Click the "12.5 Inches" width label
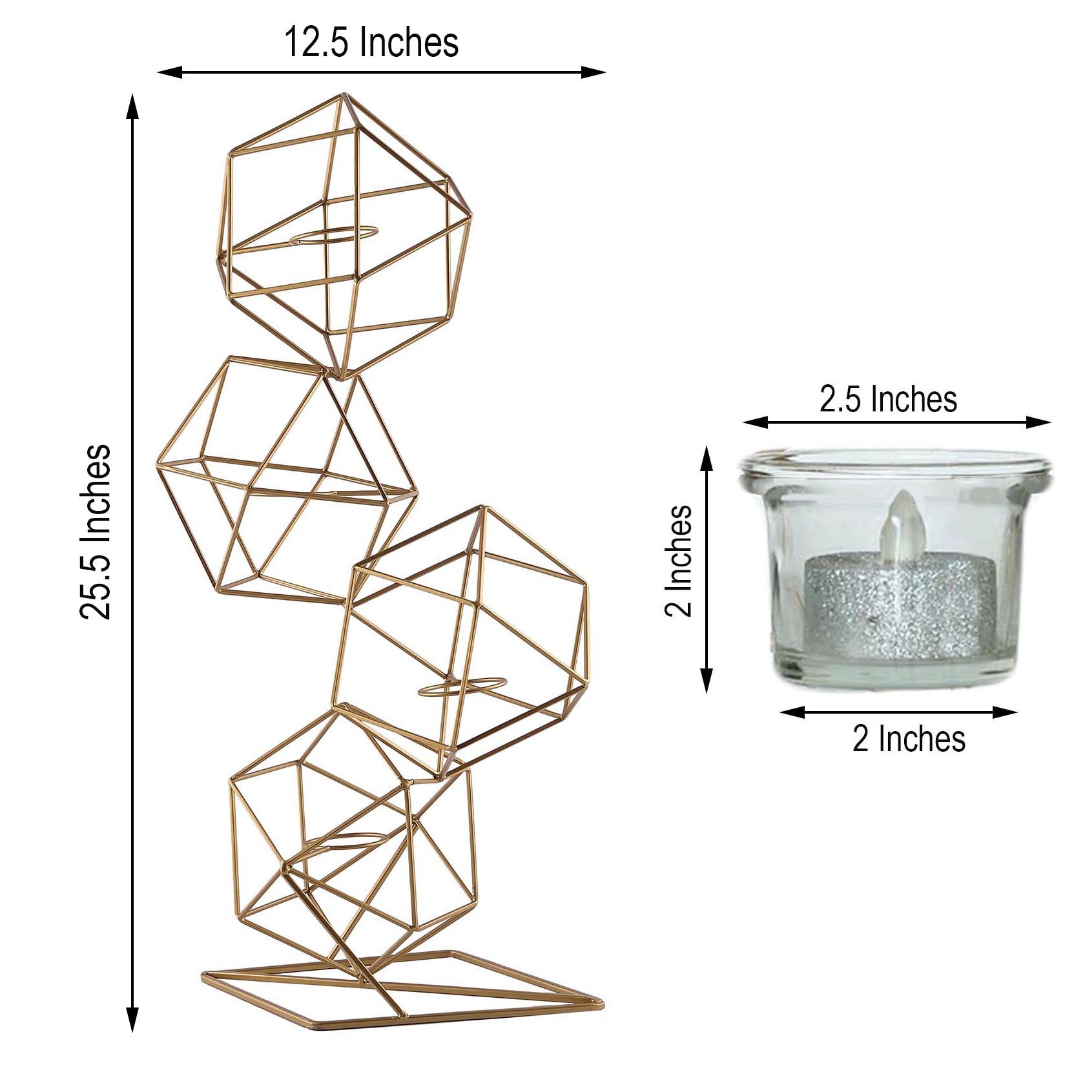371,43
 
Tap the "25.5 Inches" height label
96,532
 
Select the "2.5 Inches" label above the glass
888,399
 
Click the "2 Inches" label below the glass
909,739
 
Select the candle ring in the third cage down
462,687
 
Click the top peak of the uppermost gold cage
342,97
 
